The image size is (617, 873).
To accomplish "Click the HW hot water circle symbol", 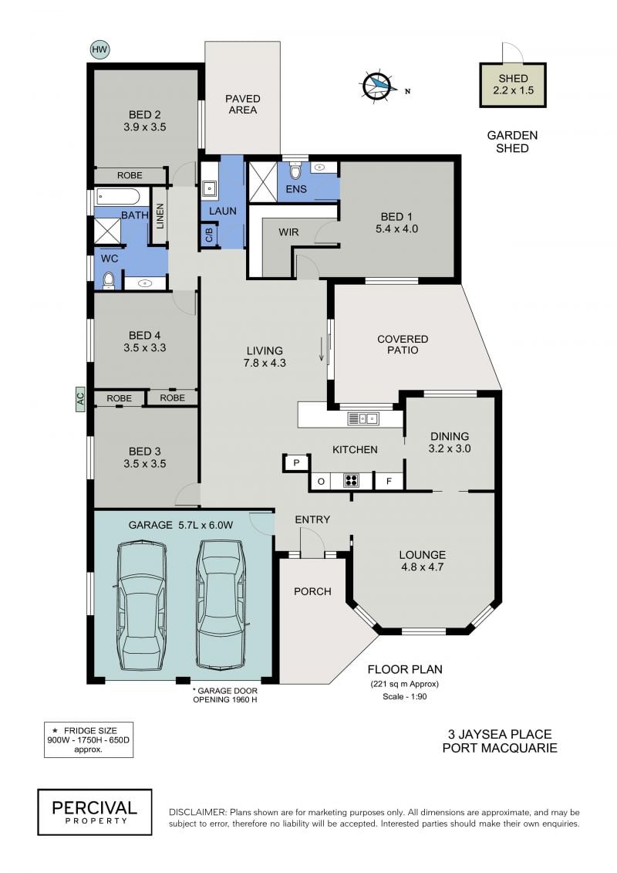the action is coord(99,49).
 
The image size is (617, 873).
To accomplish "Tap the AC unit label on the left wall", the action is coord(80,398).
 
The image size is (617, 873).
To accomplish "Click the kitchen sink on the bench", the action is coord(362,418).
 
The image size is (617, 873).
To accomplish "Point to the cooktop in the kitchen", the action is coord(351,480).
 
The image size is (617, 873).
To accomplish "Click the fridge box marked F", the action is coord(389,481).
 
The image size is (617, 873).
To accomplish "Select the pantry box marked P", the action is coord(296,462).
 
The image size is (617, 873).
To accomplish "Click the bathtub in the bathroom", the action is coord(118,196).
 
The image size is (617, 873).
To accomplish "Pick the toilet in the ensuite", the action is coord(295,170).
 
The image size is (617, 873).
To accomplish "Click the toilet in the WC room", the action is coord(109,280).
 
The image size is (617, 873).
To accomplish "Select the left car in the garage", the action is coord(142,607).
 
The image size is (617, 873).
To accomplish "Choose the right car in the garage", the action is coord(221,603).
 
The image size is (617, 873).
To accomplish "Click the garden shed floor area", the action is coord(513,85).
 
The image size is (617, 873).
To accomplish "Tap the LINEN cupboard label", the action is coord(160,216).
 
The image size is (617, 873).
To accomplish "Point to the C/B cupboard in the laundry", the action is coord(209,235).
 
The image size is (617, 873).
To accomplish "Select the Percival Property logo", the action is coord(95,812).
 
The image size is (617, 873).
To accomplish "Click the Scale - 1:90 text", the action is coord(404,696).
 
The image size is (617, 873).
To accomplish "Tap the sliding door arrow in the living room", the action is coord(321,349).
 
